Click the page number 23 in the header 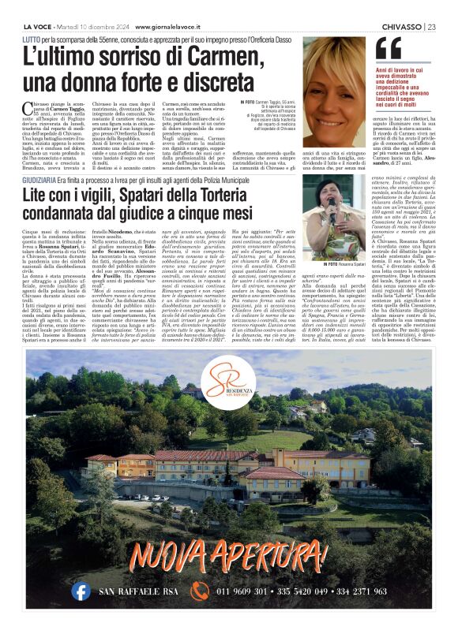[432, 27]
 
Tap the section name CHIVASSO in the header [401, 27]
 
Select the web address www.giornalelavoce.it [156, 27]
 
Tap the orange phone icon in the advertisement [199, 591]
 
